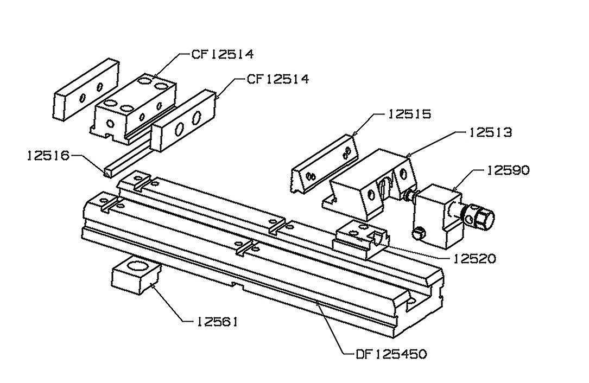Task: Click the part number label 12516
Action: (49, 155)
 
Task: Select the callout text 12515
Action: (409, 114)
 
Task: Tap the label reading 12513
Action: (491, 132)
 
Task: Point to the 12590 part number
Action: (508, 170)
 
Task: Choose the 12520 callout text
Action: (475, 258)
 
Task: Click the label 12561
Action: (217, 321)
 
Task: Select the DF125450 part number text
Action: (391, 354)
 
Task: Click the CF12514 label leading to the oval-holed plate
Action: (278, 79)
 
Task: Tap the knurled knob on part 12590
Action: (483, 217)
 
